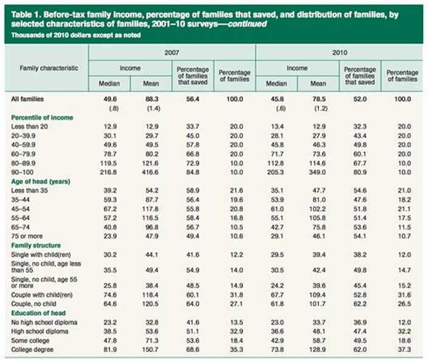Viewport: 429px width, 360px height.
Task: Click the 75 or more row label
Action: [27, 235]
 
